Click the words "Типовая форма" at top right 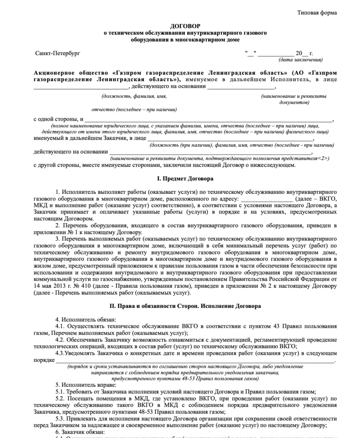pos(317,12)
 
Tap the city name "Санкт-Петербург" pos(57,53)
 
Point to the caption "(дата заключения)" pos(300,59)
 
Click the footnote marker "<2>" pos(323,158)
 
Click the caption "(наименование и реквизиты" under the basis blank pos(293,97)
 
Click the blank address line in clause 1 pos(267,199)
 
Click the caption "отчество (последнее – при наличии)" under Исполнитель pos(134,109)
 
